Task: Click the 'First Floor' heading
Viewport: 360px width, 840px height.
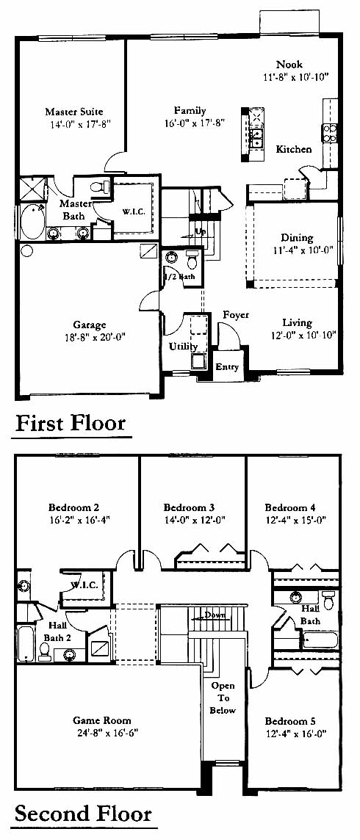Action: tap(71, 423)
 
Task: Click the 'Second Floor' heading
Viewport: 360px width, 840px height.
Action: tap(83, 814)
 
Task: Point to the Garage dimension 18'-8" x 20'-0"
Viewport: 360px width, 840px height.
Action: tap(96, 337)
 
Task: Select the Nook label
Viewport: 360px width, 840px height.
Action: tap(289, 65)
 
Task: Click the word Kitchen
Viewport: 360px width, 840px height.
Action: tap(294, 150)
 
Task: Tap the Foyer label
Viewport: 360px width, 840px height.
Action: tap(236, 315)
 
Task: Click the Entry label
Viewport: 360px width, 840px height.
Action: tap(226, 367)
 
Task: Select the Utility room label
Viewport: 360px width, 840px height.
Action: tap(183, 347)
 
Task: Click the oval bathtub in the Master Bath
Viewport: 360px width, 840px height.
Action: tap(33, 223)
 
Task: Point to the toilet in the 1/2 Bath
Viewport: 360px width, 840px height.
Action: tap(192, 261)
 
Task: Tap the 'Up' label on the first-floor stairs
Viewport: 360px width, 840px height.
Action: tap(201, 231)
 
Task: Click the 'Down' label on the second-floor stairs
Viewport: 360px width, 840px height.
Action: tap(215, 615)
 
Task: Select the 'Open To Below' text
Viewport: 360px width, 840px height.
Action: tap(223, 698)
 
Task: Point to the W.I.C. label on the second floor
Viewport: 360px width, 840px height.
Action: tap(83, 585)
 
